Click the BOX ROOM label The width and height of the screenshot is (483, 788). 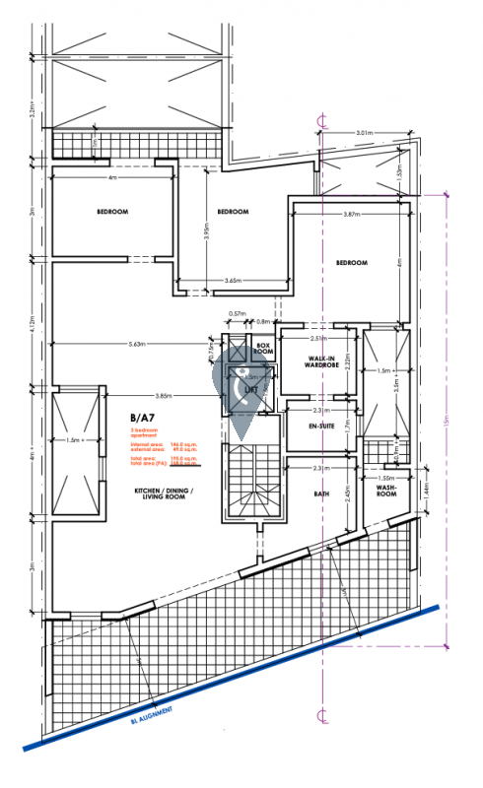coord(263,349)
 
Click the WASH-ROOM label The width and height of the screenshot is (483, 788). coord(385,490)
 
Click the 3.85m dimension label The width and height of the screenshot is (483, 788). coord(163,396)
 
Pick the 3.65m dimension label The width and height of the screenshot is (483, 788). coord(234,281)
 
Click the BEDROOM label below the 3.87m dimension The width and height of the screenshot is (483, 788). coord(351,263)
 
